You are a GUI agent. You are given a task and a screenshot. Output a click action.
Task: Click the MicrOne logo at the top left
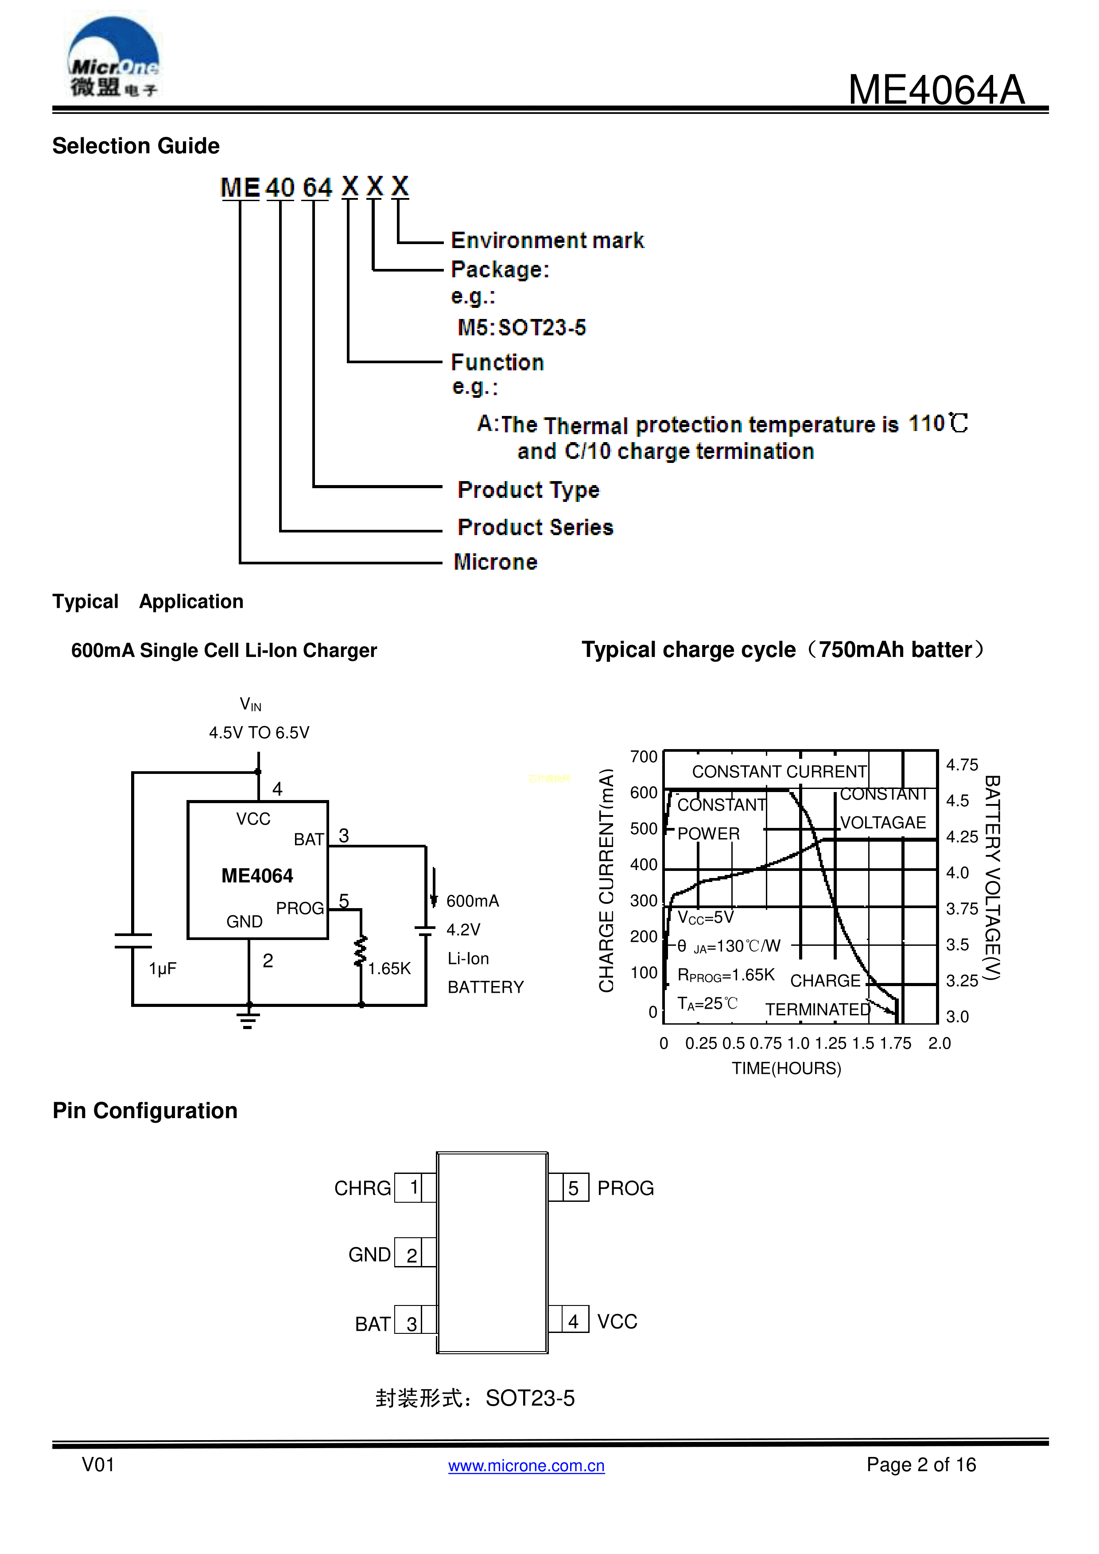click(113, 58)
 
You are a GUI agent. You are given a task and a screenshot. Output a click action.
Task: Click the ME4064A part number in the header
click(936, 89)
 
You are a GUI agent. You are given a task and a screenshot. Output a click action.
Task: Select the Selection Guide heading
click(136, 146)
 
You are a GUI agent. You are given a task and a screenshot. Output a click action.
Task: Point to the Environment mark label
click(547, 240)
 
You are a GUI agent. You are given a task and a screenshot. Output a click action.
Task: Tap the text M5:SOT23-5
click(522, 327)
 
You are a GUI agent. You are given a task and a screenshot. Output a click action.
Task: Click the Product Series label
click(535, 527)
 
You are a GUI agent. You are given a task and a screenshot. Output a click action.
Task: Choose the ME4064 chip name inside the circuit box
click(257, 876)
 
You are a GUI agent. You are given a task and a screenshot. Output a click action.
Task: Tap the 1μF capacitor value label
click(163, 968)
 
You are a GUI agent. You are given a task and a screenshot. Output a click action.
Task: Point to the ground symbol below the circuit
click(249, 1019)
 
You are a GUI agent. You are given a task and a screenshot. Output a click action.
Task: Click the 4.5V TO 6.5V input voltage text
click(259, 732)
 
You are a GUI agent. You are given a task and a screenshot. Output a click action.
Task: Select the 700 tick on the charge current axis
click(644, 757)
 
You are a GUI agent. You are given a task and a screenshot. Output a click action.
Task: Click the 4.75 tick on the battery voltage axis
click(962, 765)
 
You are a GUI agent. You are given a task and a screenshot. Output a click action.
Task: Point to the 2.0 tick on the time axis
click(939, 1043)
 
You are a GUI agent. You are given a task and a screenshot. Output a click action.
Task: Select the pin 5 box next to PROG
click(574, 1188)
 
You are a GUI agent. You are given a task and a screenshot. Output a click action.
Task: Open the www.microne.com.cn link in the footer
click(526, 1465)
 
